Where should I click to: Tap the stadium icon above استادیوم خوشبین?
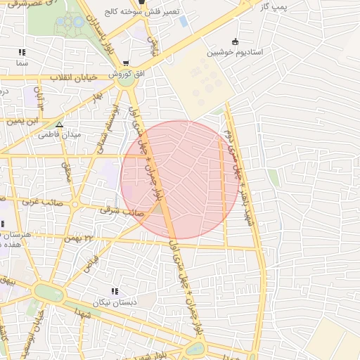coord(235,41)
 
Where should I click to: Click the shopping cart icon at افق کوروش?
coord(126,63)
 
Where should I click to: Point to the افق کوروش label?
coord(125,73)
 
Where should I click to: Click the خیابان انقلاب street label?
coord(74,77)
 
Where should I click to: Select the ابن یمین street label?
coord(25,121)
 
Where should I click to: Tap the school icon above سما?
coord(22,52)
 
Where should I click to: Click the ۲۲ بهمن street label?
coord(79,238)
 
